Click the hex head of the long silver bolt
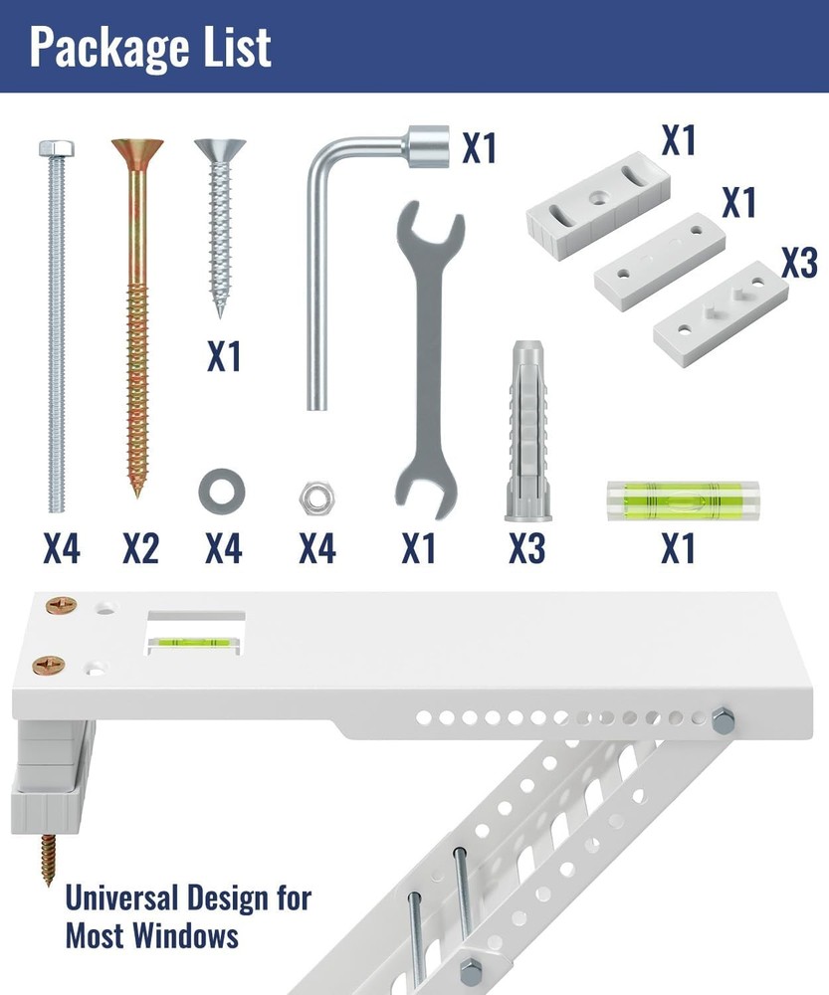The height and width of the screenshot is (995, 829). pyautogui.click(x=56, y=149)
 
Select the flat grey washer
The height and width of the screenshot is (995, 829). pyautogui.click(x=222, y=492)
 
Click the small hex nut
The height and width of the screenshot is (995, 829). pyautogui.click(x=317, y=497)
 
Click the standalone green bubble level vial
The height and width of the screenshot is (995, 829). pyautogui.click(x=683, y=500)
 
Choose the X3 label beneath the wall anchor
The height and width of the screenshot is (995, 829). pyautogui.click(x=526, y=548)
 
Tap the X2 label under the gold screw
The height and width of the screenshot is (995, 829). pyautogui.click(x=141, y=548)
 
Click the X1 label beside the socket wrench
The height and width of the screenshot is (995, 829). pyautogui.click(x=480, y=148)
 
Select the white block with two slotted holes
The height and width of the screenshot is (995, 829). pyautogui.click(x=598, y=199)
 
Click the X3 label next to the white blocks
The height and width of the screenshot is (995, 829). pyautogui.click(x=799, y=262)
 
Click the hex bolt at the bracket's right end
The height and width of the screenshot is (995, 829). pyautogui.click(x=723, y=720)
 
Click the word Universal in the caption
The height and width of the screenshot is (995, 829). pyautogui.click(x=121, y=898)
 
